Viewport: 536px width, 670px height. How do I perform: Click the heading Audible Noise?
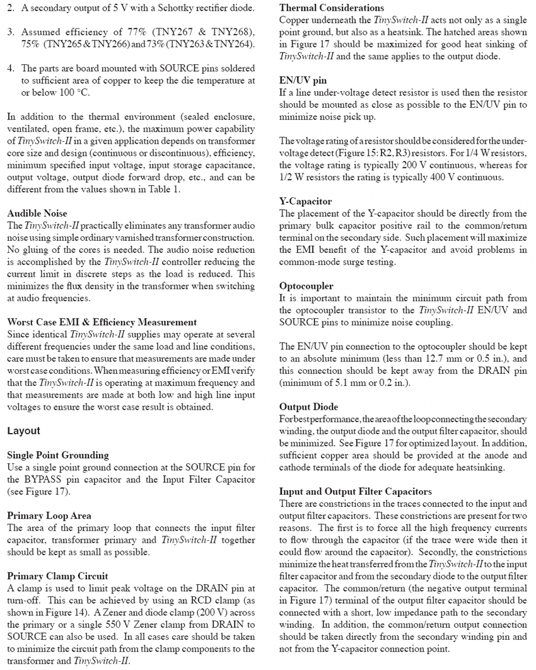[x=37, y=213]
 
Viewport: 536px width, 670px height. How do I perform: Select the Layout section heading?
[x=23, y=431]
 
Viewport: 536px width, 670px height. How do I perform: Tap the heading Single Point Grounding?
[x=57, y=455]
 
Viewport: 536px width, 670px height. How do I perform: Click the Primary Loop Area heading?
[x=49, y=516]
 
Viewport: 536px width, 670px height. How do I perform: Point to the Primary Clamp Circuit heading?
[x=57, y=576]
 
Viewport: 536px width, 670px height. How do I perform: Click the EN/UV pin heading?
[x=303, y=81]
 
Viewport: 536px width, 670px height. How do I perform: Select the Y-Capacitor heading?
[x=305, y=202]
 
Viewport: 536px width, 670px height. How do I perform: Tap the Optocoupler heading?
[x=306, y=286]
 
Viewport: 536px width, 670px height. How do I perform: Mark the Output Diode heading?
[x=308, y=407]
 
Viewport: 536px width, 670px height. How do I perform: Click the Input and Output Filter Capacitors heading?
[x=348, y=491]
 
